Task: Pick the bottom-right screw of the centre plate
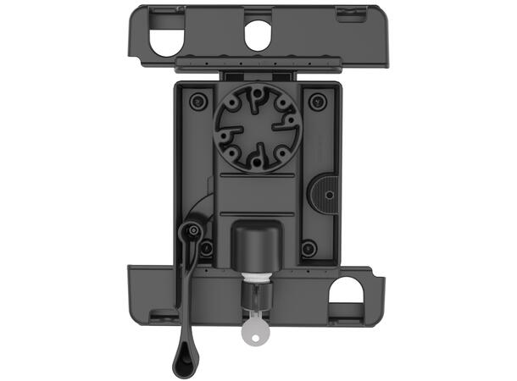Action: click(x=309, y=249)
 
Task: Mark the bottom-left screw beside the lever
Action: click(x=205, y=249)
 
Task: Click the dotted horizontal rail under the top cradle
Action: click(x=258, y=62)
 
